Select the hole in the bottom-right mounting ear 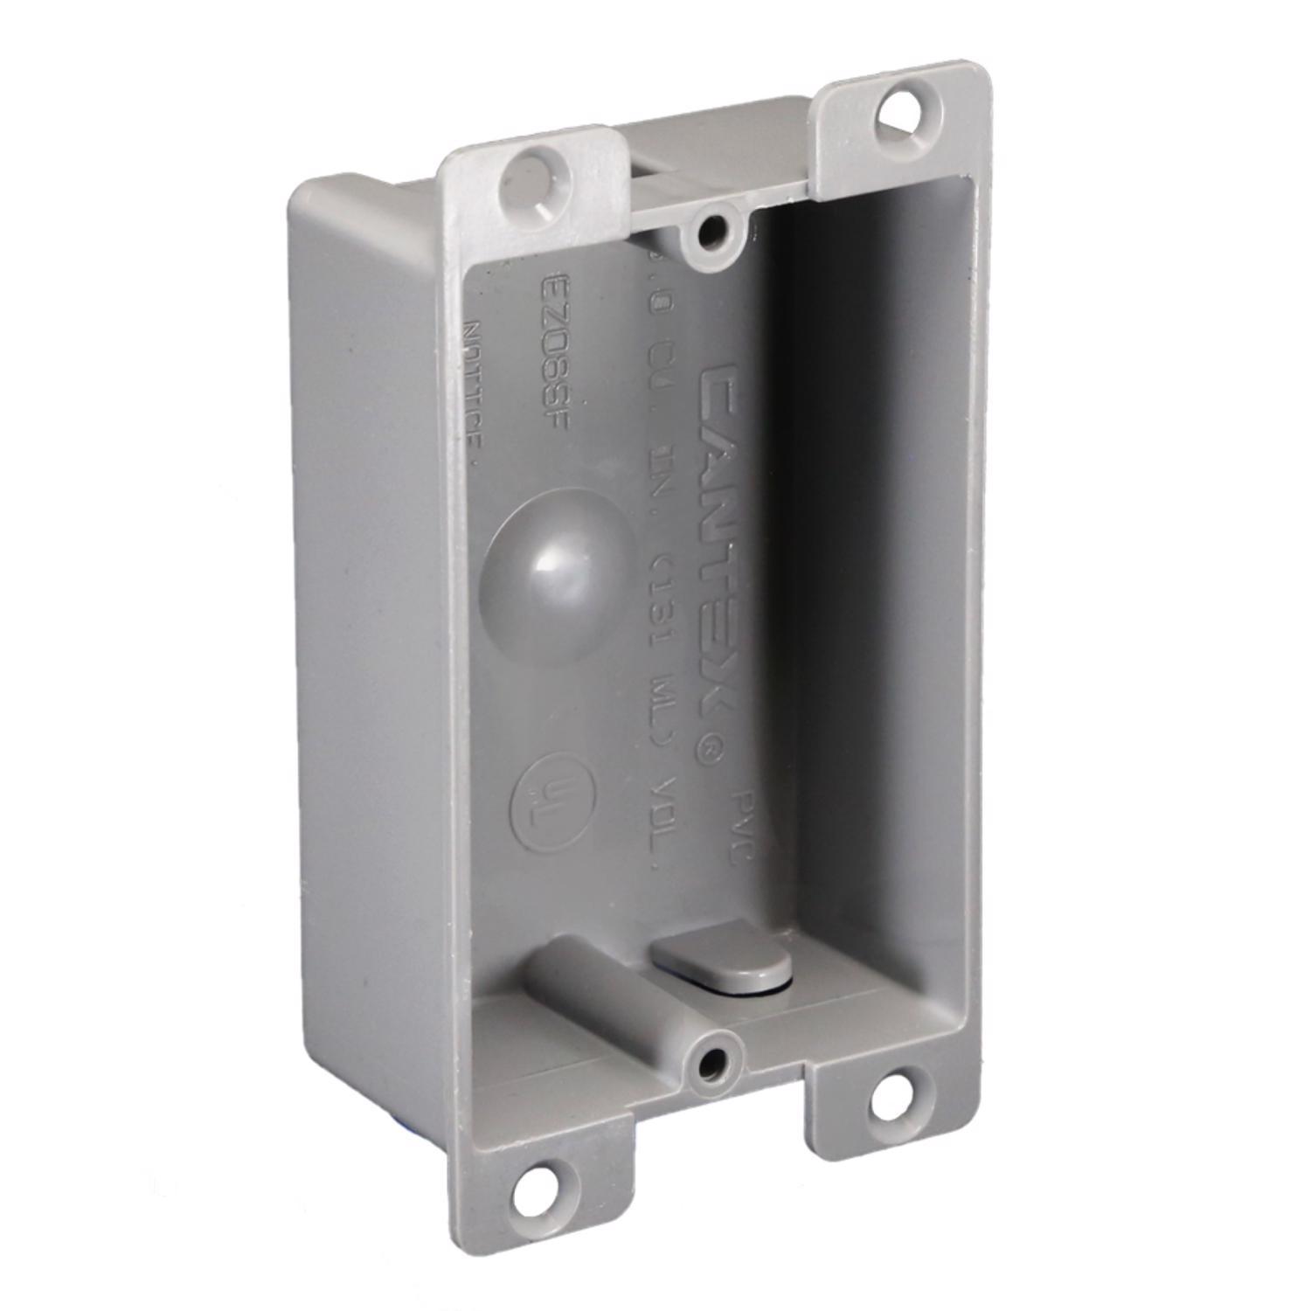click(893, 1092)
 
